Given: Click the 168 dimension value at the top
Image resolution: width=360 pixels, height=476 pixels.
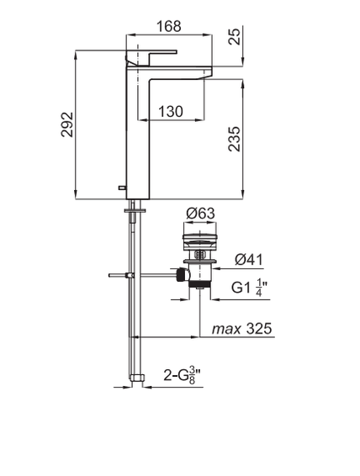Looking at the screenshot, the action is pyautogui.click(x=169, y=26).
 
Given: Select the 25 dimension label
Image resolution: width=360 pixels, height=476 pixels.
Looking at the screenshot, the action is pyautogui.click(x=235, y=36).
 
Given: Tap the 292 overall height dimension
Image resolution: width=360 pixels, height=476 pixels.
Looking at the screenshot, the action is pyautogui.click(x=67, y=124).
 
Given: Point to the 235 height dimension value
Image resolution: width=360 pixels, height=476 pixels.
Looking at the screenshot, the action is pyautogui.click(x=235, y=139).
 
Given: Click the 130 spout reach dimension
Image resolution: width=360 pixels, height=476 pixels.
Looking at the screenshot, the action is pyautogui.click(x=171, y=111).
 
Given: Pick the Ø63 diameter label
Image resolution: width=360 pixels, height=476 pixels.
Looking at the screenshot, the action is pyautogui.click(x=200, y=214).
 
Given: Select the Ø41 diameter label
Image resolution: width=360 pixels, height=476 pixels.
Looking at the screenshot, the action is pyautogui.click(x=249, y=260).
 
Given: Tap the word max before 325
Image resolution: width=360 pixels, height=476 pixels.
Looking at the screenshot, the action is pyautogui.click(x=226, y=329).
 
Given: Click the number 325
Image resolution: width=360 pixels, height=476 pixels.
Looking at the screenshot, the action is pyautogui.click(x=259, y=329).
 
